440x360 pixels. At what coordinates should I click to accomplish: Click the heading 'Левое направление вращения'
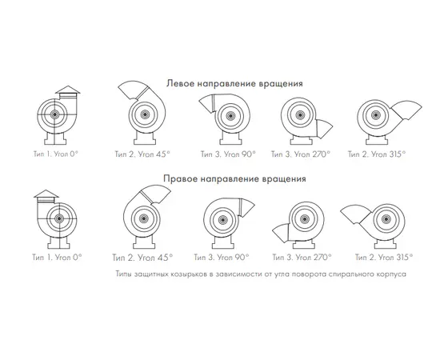(234, 84)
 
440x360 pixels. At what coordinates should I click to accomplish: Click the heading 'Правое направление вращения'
(234, 178)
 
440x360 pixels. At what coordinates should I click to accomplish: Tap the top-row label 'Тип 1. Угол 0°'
(56, 154)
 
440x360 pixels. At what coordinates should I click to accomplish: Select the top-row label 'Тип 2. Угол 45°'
(142, 154)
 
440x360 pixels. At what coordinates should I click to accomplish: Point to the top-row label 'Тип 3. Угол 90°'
(228, 154)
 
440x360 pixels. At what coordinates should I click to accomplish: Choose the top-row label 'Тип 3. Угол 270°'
(301, 154)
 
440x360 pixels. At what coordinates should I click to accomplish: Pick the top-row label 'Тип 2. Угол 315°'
(377, 154)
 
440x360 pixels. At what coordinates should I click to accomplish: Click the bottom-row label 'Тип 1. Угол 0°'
(57, 258)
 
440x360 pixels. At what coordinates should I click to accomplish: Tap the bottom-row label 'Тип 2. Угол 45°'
(142, 258)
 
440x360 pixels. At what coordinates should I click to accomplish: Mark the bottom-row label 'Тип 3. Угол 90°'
(222, 258)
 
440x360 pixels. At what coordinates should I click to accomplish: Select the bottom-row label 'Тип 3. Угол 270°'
(302, 258)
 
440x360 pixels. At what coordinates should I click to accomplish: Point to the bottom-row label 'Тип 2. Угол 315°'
(384, 258)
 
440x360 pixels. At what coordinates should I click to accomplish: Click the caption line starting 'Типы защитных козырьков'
(261, 274)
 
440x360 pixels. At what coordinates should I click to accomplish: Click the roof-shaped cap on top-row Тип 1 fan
(68, 90)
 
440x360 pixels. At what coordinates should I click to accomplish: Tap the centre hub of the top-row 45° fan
(145, 114)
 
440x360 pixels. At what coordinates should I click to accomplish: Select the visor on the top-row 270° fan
(324, 129)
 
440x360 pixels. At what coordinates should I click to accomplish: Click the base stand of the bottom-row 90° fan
(223, 242)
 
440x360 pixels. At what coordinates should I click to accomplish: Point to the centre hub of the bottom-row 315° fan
(386, 219)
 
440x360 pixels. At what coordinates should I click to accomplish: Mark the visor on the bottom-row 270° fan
(280, 233)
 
